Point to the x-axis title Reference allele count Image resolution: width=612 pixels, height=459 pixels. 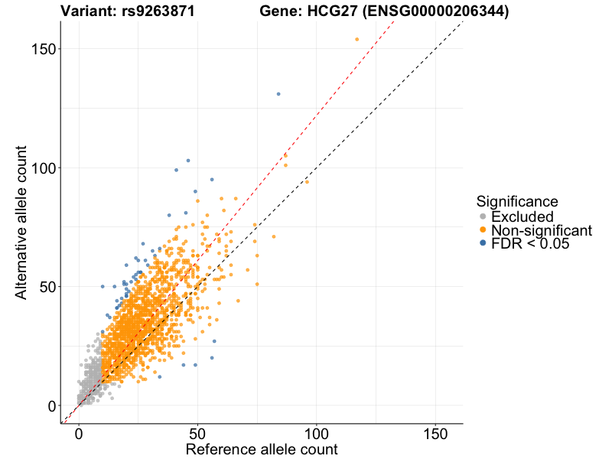point(262,449)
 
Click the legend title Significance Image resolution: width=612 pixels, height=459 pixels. point(516,201)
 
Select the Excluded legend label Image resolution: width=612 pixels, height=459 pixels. point(522,217)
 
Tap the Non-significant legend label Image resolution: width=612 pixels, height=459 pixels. point(542,230)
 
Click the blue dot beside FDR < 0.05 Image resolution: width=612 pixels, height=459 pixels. point(483,244)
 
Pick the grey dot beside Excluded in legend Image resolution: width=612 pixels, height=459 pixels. point(483,217)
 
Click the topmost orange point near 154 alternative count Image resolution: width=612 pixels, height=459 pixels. point(356,39)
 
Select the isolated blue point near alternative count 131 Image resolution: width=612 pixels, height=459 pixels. point(278,94)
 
